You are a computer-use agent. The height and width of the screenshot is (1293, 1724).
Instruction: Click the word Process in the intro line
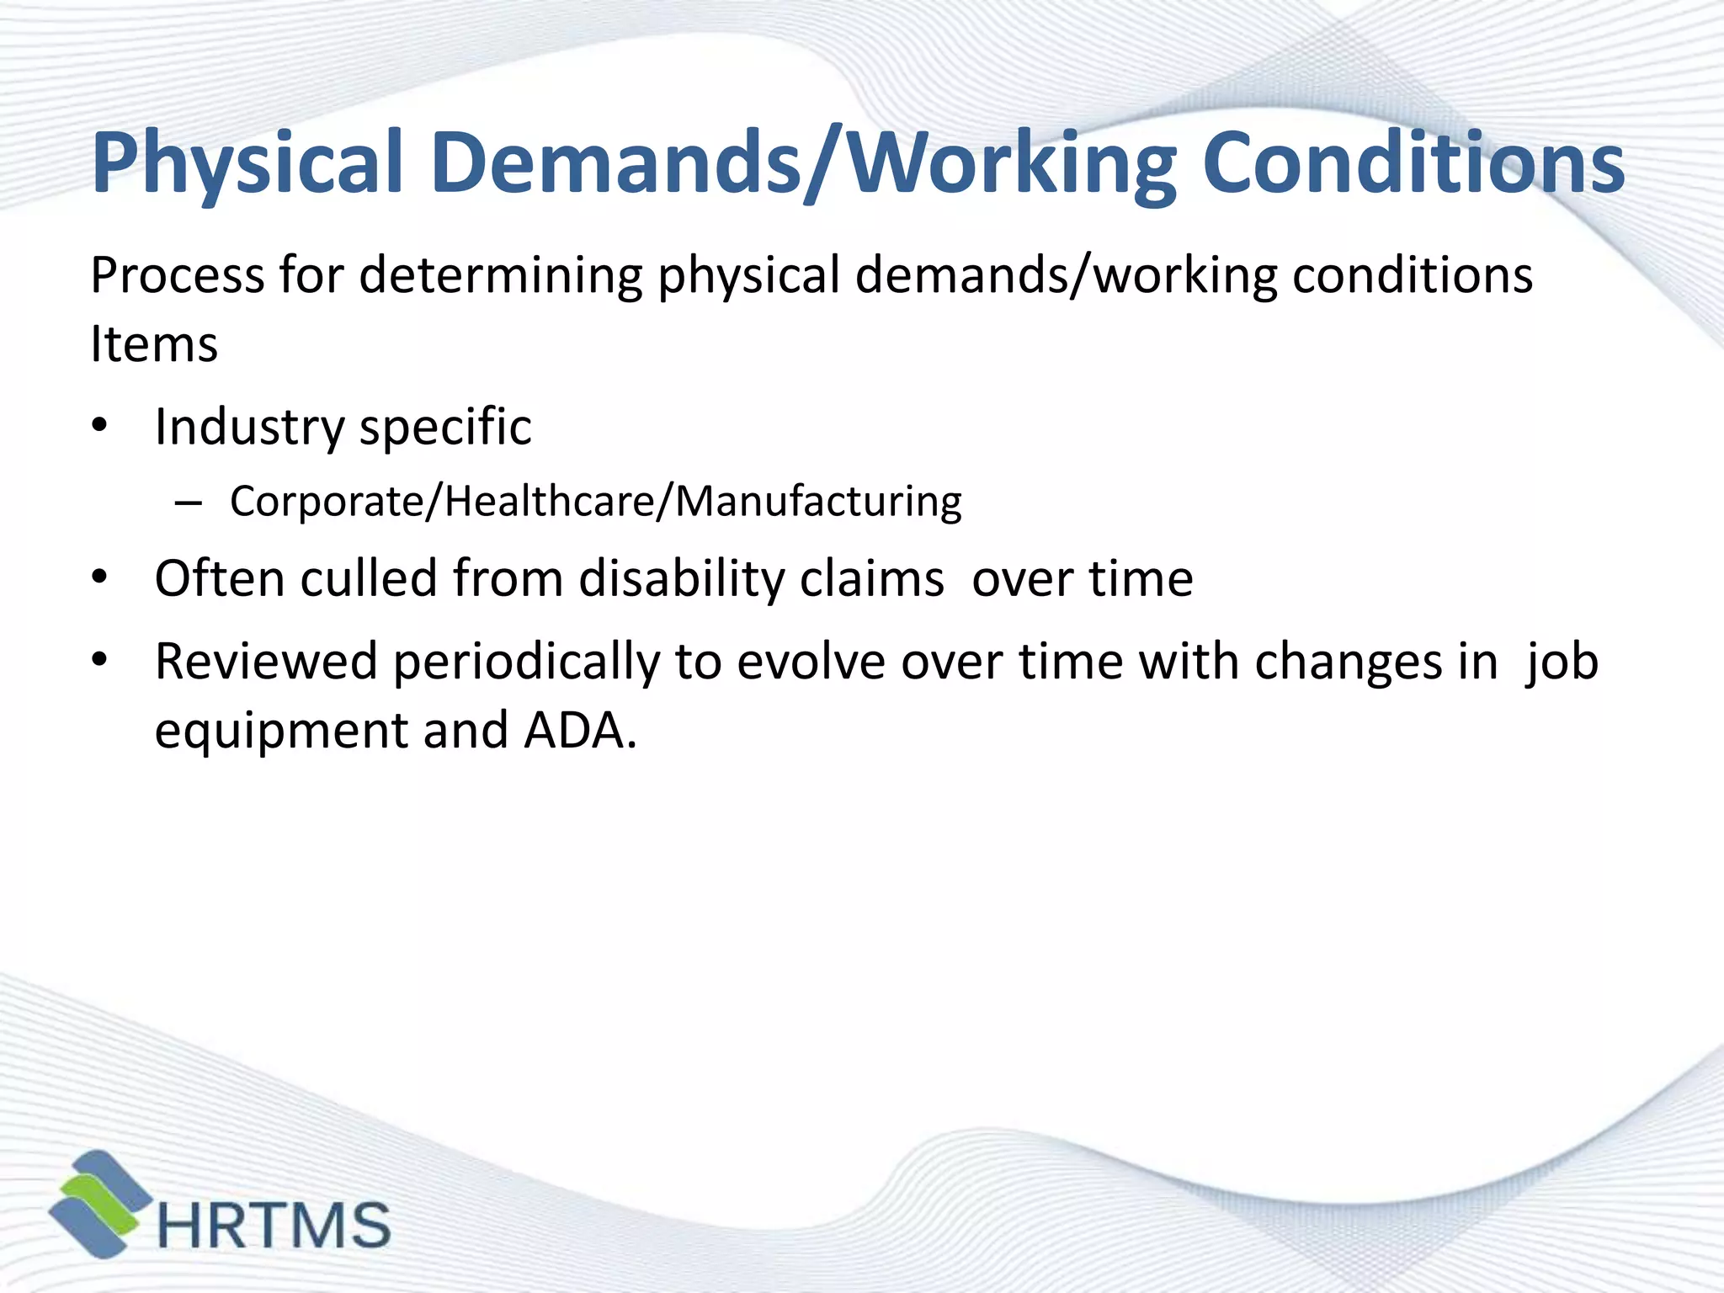[177, 275]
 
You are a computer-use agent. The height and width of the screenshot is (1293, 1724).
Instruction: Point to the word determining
[501, 275]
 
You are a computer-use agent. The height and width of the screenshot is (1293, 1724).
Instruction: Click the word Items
[154, 344]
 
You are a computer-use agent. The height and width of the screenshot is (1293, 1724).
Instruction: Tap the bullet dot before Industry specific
[100, 426]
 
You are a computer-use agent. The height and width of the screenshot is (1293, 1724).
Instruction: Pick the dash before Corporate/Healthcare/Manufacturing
[189, 503]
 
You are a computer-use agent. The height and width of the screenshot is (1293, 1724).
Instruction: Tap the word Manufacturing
[818, 503]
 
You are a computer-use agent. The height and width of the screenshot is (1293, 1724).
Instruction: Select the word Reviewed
[266, 662]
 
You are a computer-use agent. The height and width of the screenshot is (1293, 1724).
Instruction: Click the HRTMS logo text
[274, 1225]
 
